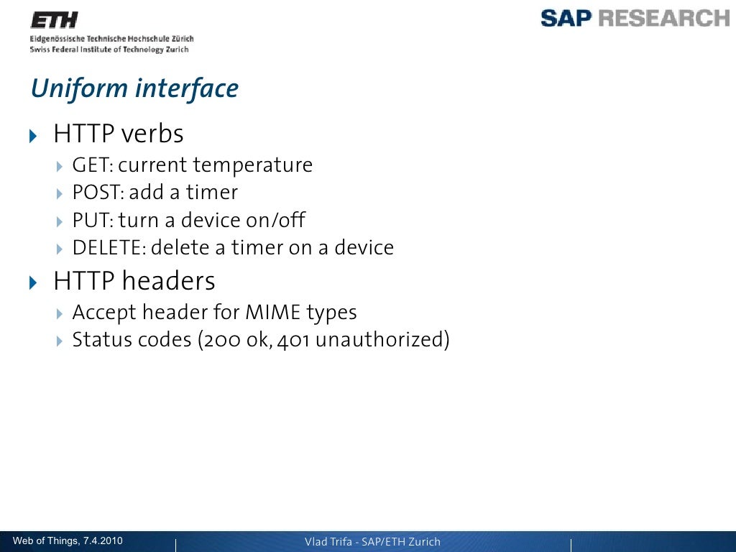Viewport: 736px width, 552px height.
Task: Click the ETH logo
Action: point(53,20)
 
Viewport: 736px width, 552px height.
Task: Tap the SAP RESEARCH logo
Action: point(635,18)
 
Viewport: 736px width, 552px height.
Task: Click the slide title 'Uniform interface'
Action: point(134,89)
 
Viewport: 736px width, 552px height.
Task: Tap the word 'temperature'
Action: point(252,166)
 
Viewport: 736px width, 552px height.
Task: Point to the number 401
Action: point(293,340)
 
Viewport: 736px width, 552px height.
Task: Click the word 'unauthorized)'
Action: point(382,340)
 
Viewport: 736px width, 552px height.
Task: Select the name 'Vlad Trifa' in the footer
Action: point(328,542)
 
